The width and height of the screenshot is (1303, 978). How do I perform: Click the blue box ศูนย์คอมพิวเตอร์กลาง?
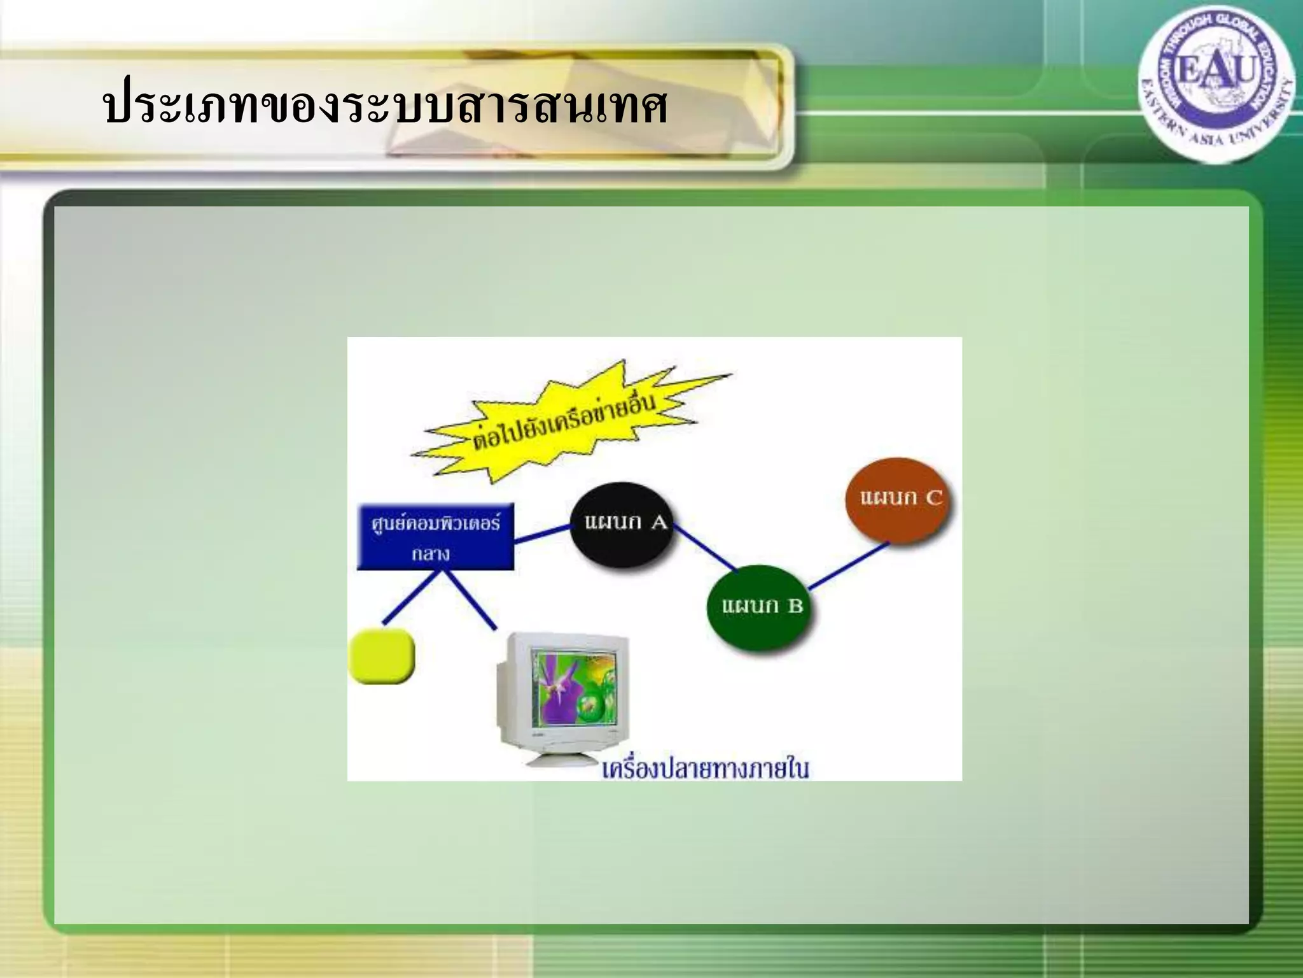(436, 537)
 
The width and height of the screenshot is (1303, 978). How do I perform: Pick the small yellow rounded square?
(382, 656)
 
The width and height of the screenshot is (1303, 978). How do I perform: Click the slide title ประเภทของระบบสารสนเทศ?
(385, 106)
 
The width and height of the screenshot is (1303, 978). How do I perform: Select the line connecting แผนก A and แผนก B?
(705, 548)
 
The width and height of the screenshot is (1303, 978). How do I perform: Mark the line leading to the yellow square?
(410, 597)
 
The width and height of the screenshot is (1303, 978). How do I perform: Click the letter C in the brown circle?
(933, 497)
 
